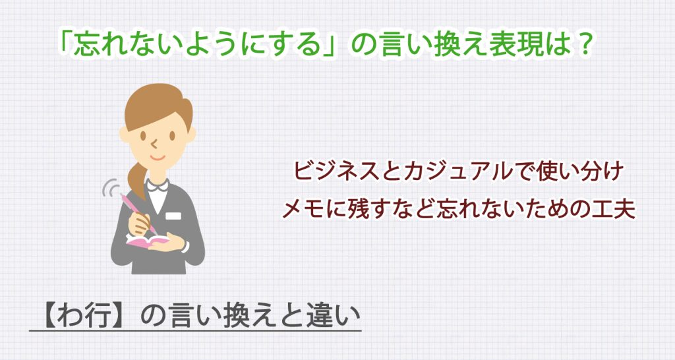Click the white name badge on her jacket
coord(173,216)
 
